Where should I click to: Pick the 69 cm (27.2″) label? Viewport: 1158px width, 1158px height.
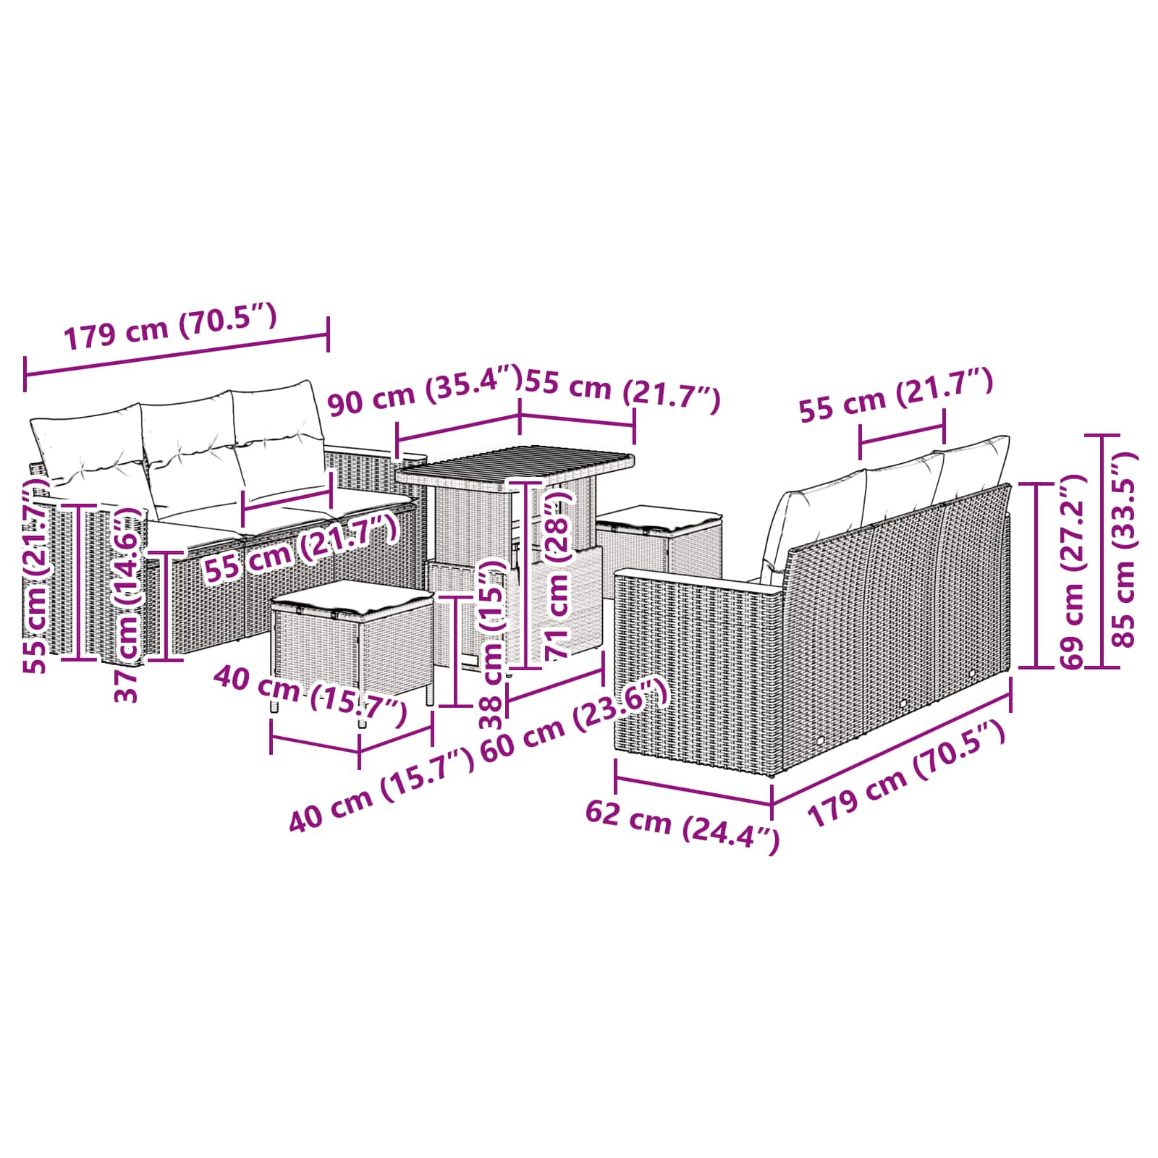[1071, 572]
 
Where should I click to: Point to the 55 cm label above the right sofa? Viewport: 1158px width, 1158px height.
[895, 394]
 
